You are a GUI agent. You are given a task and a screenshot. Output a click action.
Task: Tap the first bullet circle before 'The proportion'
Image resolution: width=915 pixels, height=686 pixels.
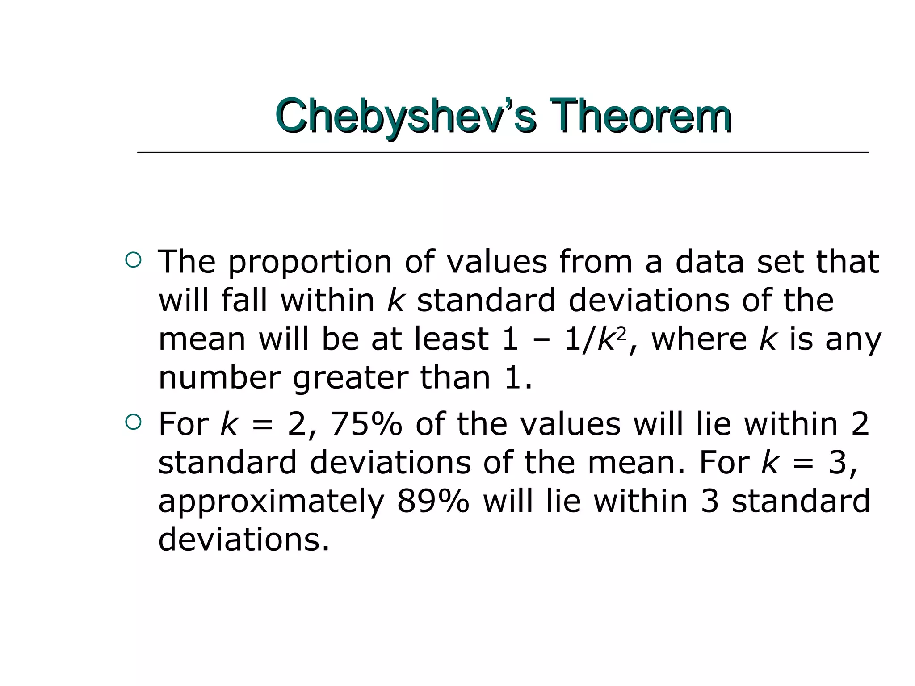[x=133, y=260]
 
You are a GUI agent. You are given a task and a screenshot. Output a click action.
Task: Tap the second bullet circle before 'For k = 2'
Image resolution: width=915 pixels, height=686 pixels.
[x=133, y=422]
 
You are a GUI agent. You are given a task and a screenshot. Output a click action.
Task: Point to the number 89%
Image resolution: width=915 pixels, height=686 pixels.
[x=433, y=501]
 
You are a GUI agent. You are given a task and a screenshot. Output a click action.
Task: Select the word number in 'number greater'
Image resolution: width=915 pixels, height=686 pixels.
[x=219, y=378]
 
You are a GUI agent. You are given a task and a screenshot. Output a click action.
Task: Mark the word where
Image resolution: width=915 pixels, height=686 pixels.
[x=699, y=339]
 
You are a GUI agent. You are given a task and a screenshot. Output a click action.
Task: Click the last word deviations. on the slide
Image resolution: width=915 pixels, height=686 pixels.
[x=243, y=539]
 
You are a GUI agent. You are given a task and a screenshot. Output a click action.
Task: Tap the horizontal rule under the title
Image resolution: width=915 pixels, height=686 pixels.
[x=503, y=153]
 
